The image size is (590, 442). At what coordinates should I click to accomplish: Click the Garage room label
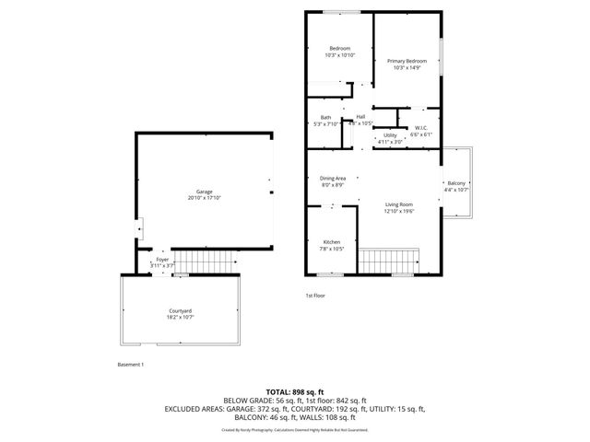click(x=205, y=192)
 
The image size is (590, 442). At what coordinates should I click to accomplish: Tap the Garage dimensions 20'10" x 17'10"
click(x=205, y=198)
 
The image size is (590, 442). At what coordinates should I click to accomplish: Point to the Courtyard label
click(x=180, y=311)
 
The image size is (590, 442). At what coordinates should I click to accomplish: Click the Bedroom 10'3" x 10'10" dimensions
click(x=339, y=55)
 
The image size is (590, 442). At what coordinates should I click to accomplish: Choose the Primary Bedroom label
click(x=407, y=61)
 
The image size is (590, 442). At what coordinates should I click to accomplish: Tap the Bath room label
click(x=325, y=117)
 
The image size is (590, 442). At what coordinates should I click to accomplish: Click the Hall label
click(x=360, y=116)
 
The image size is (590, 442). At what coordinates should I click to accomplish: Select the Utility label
click(x=390, y=135)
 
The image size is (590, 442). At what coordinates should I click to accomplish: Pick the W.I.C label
click(x=420, y=127)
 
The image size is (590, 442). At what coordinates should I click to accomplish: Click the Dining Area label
click(x=333, y=178)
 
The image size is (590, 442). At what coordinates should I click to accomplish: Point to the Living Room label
click(x=399, y=204)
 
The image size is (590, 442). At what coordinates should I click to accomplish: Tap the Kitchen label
click(x=332, y=242)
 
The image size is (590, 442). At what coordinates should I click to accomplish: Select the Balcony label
click(x=456, y=183)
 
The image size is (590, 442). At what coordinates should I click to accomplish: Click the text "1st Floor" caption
click(x=316, y=296)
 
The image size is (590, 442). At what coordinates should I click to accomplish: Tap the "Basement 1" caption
click(x=131, y=365)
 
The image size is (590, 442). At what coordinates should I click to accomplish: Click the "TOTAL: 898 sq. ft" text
click(x=295, y=392)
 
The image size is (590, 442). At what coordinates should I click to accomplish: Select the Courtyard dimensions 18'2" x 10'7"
click(x=180, y=318)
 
